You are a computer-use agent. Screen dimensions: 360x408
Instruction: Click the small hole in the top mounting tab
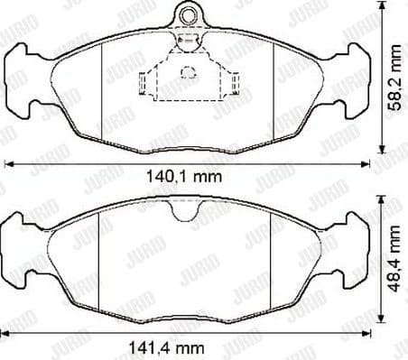click(x=188, y=14)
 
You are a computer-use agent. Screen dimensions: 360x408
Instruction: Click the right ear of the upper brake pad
click(x=354, y=86)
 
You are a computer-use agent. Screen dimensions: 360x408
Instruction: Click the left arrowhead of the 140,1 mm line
click(x=9, y=164)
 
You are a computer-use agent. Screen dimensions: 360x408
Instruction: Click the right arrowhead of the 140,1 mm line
click(x=367, y=164)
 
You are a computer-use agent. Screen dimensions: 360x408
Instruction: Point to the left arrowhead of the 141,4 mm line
click(x=9, y=335)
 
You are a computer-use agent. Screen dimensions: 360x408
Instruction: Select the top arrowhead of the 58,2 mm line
click(x=383, y=7)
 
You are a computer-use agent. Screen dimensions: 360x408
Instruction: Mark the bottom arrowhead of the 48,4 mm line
click(x=383, y=319)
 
